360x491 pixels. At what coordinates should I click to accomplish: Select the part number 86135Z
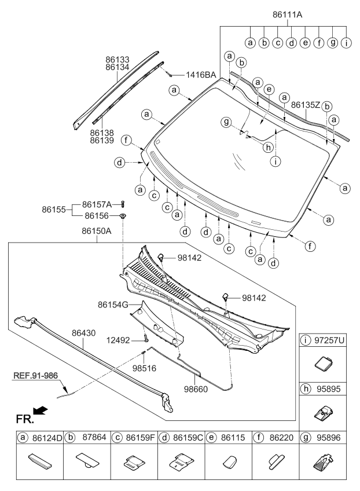[x=306, y=105]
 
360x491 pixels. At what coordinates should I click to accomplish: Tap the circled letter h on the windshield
[x=267, y=147]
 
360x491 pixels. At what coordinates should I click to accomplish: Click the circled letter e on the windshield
[x=268, y=90]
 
